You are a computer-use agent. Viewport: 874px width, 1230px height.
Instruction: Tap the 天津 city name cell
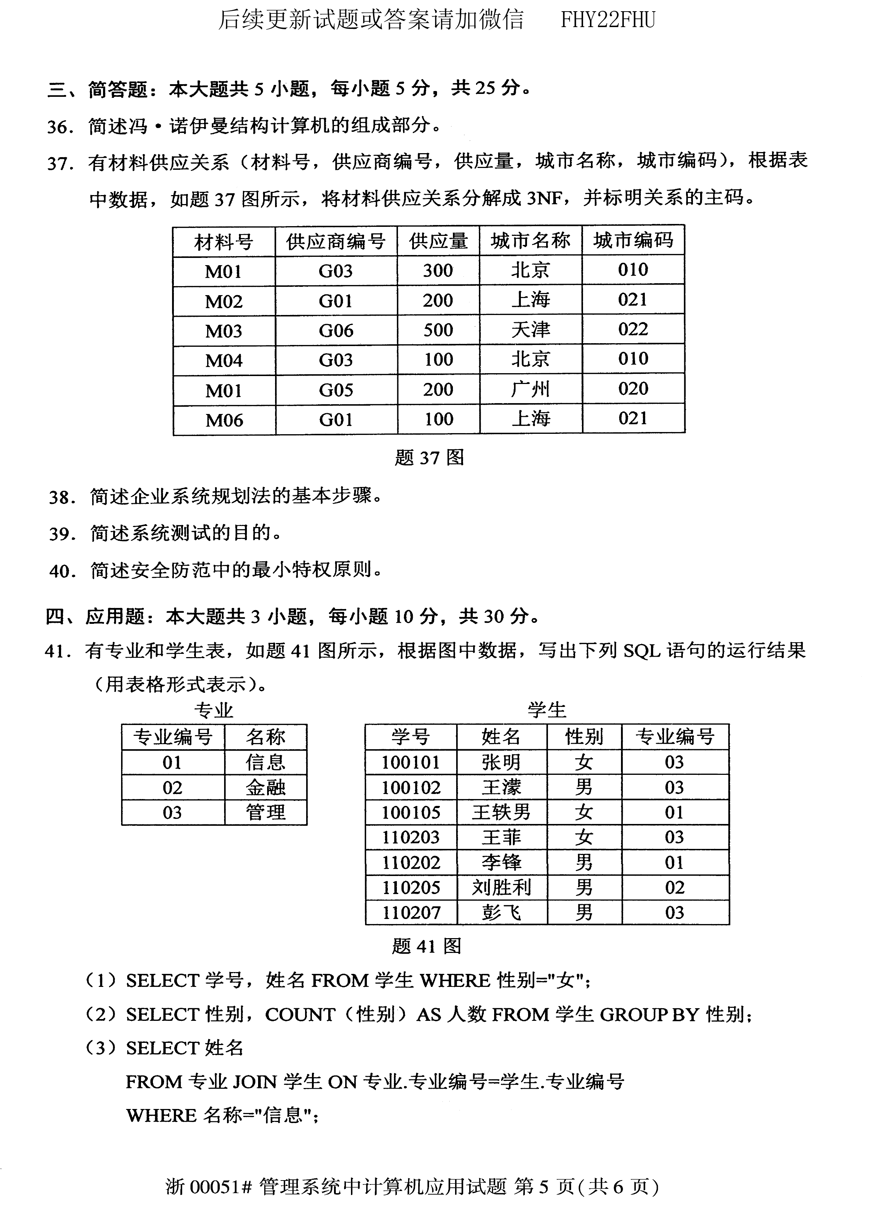530,330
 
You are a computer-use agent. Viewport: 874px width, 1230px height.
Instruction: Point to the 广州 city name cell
530,389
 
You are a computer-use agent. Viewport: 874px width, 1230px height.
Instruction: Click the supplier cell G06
335,330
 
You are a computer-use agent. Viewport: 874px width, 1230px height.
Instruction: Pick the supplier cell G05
335,390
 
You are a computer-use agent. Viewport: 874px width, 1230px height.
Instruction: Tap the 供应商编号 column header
335,241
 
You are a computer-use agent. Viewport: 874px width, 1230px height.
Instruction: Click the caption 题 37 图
429,458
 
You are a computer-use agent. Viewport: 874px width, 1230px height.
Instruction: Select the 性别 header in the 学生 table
584,737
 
